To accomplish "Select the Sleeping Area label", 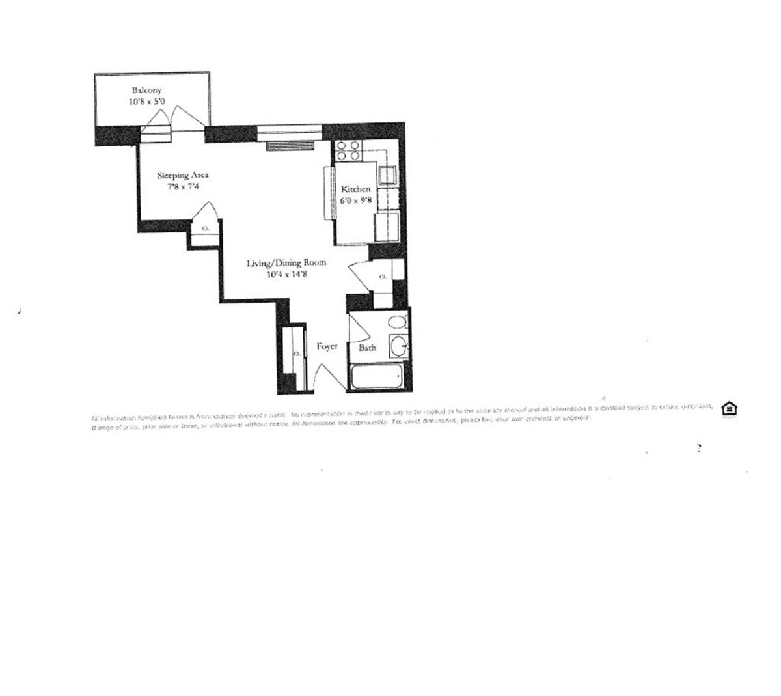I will pyautogui.click(x=182, y=175).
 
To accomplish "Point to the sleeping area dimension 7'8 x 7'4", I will pyautogui.click(x=182, y=187).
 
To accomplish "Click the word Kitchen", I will pyautogui.click(x=356, y=189).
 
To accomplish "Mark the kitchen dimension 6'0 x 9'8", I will pyautogui.click(x=356, y=201).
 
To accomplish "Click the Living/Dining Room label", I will pyautogui.click(x=286, y=263).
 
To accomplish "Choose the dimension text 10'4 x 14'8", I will pyautogui.click(x=286, y=275).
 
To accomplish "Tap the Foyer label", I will pyautogui.click(x=327, y=346).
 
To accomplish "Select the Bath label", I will pyautogui.click(x=368, y=348).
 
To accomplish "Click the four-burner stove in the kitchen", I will pyautogui.click(x=348, y=151).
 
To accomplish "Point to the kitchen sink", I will pyautogui.click(x=390, y=175).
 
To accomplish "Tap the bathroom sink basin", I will pyautogui.click(x=398, y=345).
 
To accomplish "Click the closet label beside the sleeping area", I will pyautogui.click(x=206, y=229).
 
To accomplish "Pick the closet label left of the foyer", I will pyautogui.click(x=296, y=354).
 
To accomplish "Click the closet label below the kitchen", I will pyautogui.click(x=383, y=277).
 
